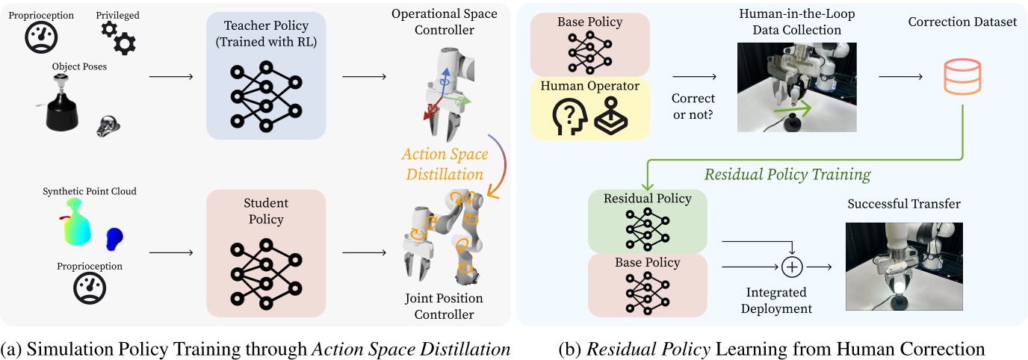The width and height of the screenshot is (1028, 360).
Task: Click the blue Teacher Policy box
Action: (265, 75)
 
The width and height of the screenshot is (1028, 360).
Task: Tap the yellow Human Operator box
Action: (590, 108)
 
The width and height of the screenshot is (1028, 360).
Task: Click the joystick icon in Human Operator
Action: (612, 118)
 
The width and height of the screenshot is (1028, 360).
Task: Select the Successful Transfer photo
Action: (904, 266)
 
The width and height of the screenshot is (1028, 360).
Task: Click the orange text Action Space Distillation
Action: (445, 164)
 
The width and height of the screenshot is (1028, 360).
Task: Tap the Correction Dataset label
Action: (962, 22)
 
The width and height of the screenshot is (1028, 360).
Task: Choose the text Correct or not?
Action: (693, 105)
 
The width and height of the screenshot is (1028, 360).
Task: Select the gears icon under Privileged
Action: (118, 37)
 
